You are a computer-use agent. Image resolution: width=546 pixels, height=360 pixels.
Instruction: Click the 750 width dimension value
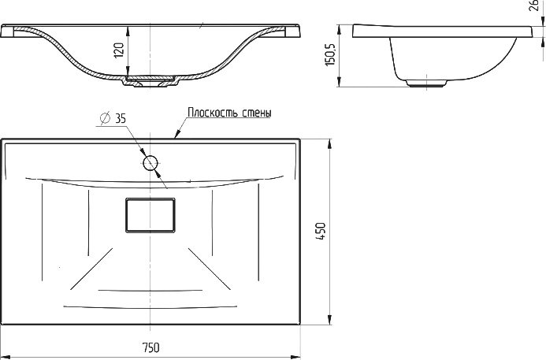pos(150,347)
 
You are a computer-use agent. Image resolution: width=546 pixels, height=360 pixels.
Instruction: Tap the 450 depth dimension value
pos(321,231)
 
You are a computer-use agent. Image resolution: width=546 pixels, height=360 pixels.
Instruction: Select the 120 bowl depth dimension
pos(119,50)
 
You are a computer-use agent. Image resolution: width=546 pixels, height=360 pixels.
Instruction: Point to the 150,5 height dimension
pos(329,54)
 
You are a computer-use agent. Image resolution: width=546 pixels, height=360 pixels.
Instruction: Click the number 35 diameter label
pos(120,118)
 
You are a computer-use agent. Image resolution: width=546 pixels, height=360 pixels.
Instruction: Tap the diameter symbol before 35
pos(105,118)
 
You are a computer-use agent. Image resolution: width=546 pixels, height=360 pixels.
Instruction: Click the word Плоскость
pos(208,113)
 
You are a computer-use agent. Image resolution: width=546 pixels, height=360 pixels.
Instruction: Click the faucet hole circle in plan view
pos(150,163)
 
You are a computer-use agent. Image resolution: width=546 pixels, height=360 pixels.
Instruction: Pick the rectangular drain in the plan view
pos(150,215)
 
